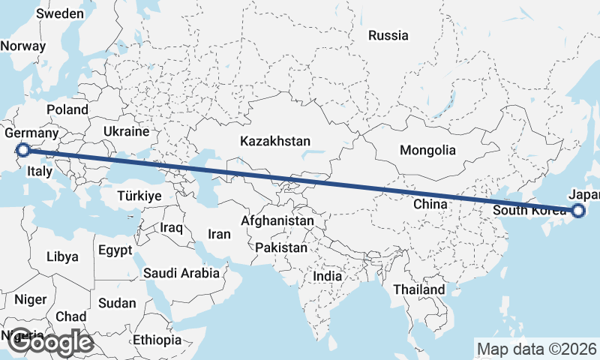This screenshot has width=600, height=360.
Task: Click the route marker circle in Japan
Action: coord(577,211)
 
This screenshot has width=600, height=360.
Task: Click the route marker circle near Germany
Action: coord(22,150)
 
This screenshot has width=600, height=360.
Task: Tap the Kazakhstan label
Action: coord(275,141)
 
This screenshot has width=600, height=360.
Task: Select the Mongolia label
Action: coord(427,150)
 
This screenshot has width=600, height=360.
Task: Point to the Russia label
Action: coord(388,35)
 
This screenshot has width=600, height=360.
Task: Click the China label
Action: coord(430,204)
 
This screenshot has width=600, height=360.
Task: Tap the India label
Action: coord(328,276)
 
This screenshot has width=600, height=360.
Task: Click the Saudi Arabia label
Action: coord(181,274)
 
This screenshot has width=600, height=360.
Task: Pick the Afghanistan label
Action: coord(277,221)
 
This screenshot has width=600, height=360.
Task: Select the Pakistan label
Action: coord(281,247)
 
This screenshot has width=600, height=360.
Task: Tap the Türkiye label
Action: coord(139,196)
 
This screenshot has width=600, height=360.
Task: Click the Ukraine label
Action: coord(127,131)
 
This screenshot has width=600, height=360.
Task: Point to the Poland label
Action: coord(67,109)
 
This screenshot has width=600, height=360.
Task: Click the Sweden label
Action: coord(60,13)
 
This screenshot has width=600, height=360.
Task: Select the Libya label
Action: coord(62,256)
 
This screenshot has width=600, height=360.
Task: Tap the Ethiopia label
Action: coord(157,340)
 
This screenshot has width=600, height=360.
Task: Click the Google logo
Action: coord(50,343)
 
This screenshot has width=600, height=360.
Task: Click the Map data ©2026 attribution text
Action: coord(536,349)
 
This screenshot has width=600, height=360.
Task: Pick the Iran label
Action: coord(219,234)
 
